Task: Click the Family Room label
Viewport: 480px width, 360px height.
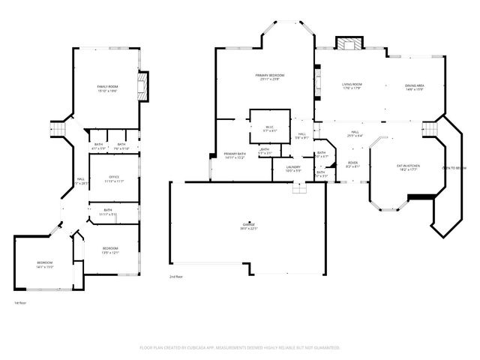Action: pyautogui.click(x=107, y=89)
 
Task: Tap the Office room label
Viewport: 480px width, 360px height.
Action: pyautogui.click(x=115, y=178)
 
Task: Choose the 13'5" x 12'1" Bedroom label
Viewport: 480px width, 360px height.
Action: pyautogui.click(x=109, y=250)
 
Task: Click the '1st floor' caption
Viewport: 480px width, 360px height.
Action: pyautogui.click(x=20, y=303)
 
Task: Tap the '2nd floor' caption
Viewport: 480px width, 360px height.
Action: pyautogui.click(x=176, y=277)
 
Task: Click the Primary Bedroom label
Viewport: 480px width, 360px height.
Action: pyautogui.click(x=269, y=77)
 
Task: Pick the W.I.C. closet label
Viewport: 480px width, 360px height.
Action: pyautogui.click(x=270, y=128)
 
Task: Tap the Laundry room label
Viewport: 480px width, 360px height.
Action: pyautogui.click(x=293, y=169)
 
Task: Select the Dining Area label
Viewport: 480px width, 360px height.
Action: pyautogui.click(x=414, y=86)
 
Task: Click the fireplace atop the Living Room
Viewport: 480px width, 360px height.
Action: pyautogui.click(x=349, y=44)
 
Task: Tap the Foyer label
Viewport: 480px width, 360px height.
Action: pyautogui.click(x=352, y=164)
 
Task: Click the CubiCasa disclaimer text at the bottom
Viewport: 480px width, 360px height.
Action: pyautogui.click(x=240, y=348)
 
